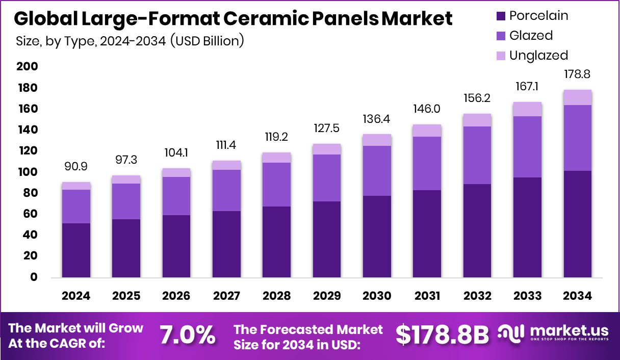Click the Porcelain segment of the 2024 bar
(x=76, y=250)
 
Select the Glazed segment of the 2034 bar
(x=577, y=138)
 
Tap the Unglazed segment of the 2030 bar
(x=377, y=140)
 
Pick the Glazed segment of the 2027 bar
(x=226, y=190)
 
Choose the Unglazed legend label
(x=538, y=55)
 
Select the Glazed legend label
(x=531, y=36)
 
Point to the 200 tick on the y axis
(x=27, y=67)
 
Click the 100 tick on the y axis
(x=27, y=172)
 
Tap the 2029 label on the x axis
(x=326, y=296)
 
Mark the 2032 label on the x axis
(x=477, y=296)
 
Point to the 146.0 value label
(x=427, y=109)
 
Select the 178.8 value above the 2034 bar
(x=577, y=75)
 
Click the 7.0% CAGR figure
(x=187, y=336)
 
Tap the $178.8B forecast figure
(x=442, y=335)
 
